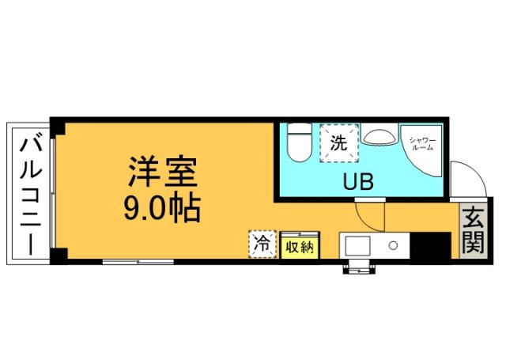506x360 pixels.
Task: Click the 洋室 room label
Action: click(x=163, y=170)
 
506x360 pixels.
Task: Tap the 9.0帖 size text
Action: click(x=162, y=209)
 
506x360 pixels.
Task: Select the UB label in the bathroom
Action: click(x=357, y=182)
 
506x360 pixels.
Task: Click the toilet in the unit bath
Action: click(x=298, y=142)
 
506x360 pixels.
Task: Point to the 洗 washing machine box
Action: click(x=339, y=143)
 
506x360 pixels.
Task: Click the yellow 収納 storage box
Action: click(x=300, y=246)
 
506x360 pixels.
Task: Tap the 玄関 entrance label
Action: click(x=472, y=230)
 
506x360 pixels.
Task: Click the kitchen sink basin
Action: click(x=356, y=245)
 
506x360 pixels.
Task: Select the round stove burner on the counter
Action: click(x=393, y=246)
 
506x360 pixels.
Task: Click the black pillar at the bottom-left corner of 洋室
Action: click(x=56, y=255)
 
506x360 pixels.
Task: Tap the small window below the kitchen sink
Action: click(x=358, y=268)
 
